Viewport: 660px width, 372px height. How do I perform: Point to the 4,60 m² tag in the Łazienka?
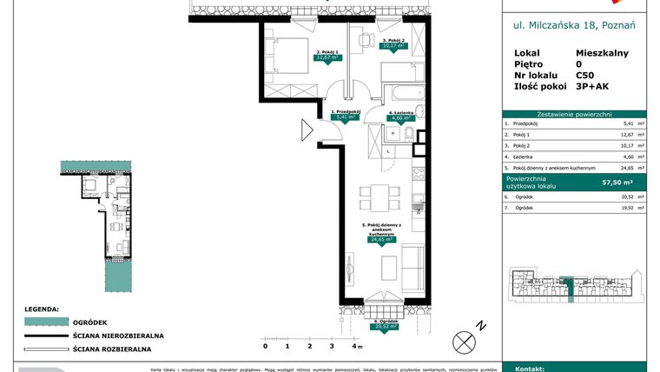[399, 118]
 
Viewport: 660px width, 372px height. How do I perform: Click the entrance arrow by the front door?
[306, 131]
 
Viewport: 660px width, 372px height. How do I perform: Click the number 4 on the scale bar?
[353, 346]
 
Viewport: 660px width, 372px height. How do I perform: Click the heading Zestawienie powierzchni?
[575, 114]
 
